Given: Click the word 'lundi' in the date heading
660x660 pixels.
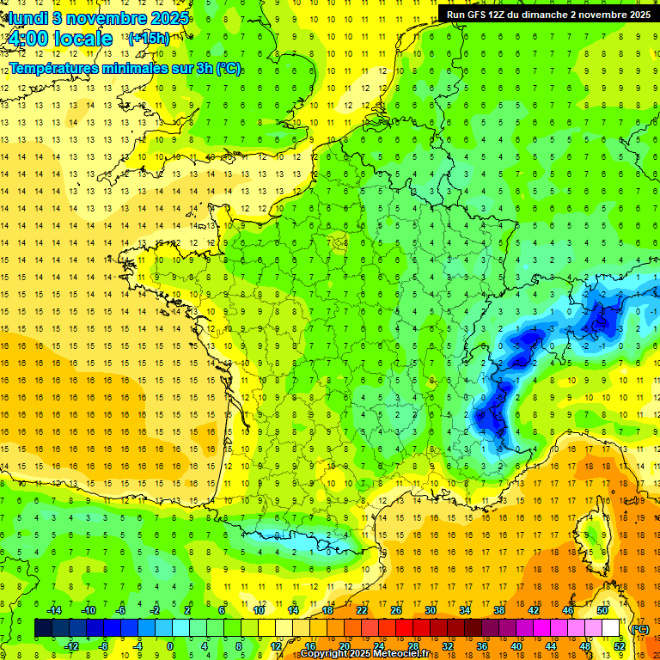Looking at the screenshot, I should point(26,18).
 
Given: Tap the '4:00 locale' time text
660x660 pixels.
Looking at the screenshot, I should point(59,39).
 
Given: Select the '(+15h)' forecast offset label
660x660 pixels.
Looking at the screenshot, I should point(148,38).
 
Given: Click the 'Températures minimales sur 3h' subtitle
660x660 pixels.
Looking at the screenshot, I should point(125,69).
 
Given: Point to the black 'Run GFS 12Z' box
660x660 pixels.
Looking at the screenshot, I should point(547,14).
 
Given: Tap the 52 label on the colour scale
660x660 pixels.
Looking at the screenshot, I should point(620,646).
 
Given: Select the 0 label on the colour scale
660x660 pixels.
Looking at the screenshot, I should point(170,646).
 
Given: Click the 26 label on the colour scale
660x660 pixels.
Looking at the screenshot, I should point(396,610).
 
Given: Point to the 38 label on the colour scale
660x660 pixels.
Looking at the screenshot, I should point(498,610).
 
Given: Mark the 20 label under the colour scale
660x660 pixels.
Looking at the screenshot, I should point(344,646).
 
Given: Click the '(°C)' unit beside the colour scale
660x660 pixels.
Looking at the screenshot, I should point(640,628).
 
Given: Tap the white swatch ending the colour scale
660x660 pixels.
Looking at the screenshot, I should point(610,628).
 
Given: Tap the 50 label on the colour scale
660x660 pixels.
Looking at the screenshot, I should point(602,610).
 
